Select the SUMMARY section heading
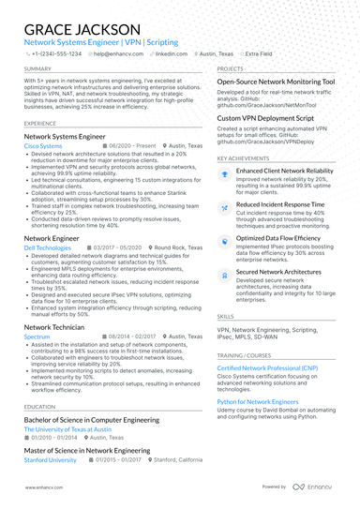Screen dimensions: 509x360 pos(37,68)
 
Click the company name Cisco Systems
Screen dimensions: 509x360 pos(43,146)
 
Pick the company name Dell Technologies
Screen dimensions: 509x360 pos(49,247)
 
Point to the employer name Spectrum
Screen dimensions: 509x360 pos(37,335)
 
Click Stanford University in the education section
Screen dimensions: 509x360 pos(51,459)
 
